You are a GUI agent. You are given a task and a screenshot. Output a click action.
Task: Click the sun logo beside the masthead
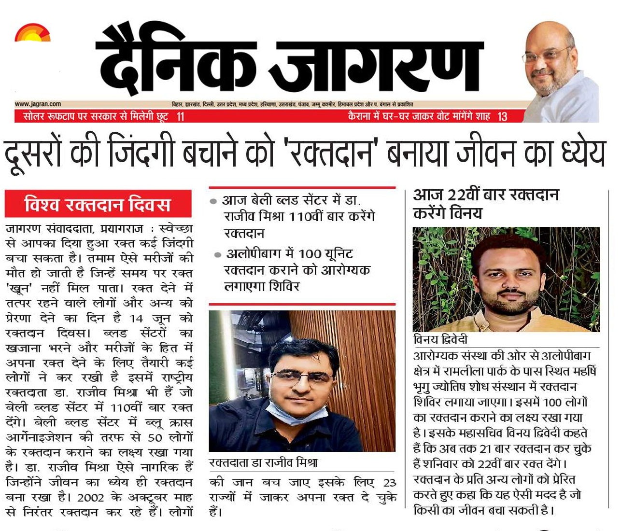32,34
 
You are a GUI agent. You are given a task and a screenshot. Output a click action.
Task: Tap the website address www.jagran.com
38,104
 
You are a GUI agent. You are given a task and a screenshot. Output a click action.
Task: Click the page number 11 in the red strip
180,116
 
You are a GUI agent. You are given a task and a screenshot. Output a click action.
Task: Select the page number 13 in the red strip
502,116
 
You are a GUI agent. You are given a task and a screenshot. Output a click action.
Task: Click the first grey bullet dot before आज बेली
213,201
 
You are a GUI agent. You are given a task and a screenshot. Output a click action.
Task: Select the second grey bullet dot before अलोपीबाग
218,255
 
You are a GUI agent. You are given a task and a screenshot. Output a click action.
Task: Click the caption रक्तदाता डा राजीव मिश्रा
263,463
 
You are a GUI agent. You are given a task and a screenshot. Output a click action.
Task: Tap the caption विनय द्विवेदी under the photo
440,339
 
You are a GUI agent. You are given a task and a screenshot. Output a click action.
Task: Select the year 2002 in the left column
91,498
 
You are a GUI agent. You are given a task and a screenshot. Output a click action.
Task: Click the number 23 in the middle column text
389,483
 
